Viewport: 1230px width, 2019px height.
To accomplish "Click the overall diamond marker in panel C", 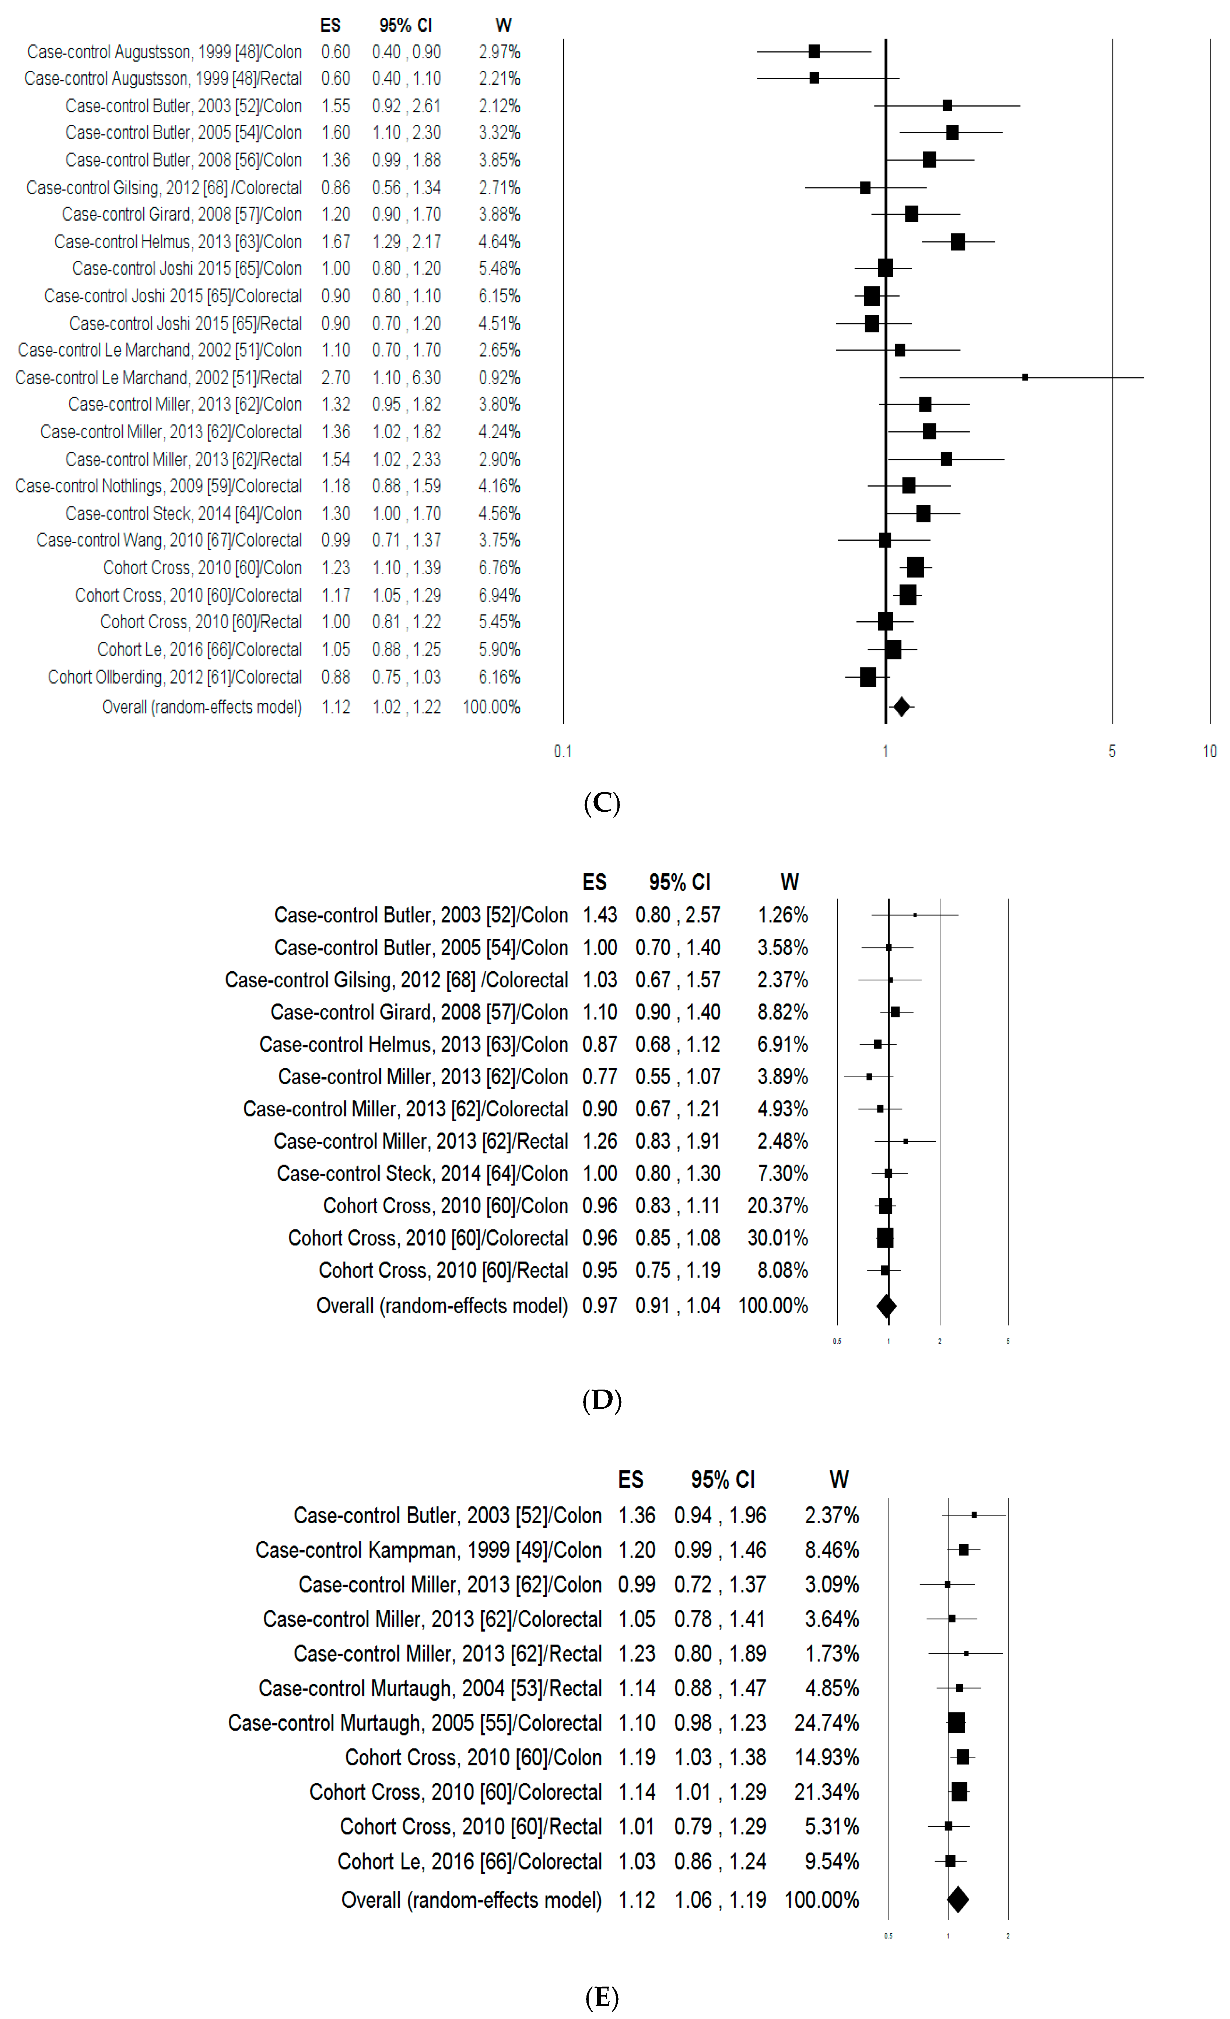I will (901, 706).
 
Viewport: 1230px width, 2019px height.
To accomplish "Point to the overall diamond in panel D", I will (886, 1305).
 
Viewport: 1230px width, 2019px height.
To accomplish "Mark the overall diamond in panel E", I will (957, 1899).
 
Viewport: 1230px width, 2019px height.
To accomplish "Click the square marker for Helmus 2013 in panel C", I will (957, 242).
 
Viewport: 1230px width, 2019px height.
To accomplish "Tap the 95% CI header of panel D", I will (679, 882).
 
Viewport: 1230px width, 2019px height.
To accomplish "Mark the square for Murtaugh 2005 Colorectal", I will (956, 1723).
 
